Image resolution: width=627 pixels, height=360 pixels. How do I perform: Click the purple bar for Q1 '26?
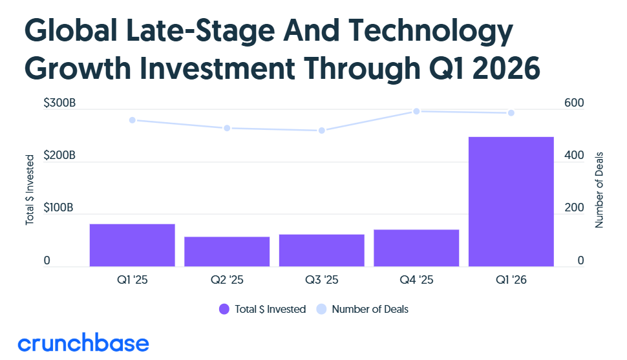click(511, 202)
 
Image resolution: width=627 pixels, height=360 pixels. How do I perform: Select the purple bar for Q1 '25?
click(133, 245)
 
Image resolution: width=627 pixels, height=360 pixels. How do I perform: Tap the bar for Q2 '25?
click(227, 251)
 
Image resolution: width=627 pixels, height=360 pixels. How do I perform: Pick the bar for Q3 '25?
click(321, 250)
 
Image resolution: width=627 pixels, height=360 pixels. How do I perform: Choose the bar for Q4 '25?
click(416, 248)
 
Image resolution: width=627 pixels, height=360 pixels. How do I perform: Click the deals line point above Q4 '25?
click(416, 111)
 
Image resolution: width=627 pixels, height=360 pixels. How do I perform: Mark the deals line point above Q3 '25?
click(321, 131)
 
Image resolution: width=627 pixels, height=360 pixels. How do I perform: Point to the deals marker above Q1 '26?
click(511, 113)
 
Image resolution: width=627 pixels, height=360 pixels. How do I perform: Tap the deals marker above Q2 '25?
click(227, 128)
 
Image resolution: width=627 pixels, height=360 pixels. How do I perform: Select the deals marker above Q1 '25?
click(133, 120)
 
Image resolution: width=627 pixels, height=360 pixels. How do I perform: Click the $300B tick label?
click(59, 103)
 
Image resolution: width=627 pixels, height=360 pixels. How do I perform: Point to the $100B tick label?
click(58, 207)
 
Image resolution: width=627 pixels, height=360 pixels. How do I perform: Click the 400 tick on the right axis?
click(574, 155)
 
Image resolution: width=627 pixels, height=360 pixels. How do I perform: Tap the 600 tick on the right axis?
click(574, 103)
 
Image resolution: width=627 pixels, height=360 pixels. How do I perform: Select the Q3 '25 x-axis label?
click(321, 280)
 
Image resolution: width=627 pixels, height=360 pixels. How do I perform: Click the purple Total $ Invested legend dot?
click(224, 309)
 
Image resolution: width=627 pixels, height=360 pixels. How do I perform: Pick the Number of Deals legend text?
click(370, 309)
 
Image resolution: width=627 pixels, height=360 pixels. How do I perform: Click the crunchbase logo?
click(83, 343)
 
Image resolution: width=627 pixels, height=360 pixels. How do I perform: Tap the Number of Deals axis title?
click(599, 190)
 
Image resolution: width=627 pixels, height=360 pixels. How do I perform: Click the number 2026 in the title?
click(507, 69)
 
